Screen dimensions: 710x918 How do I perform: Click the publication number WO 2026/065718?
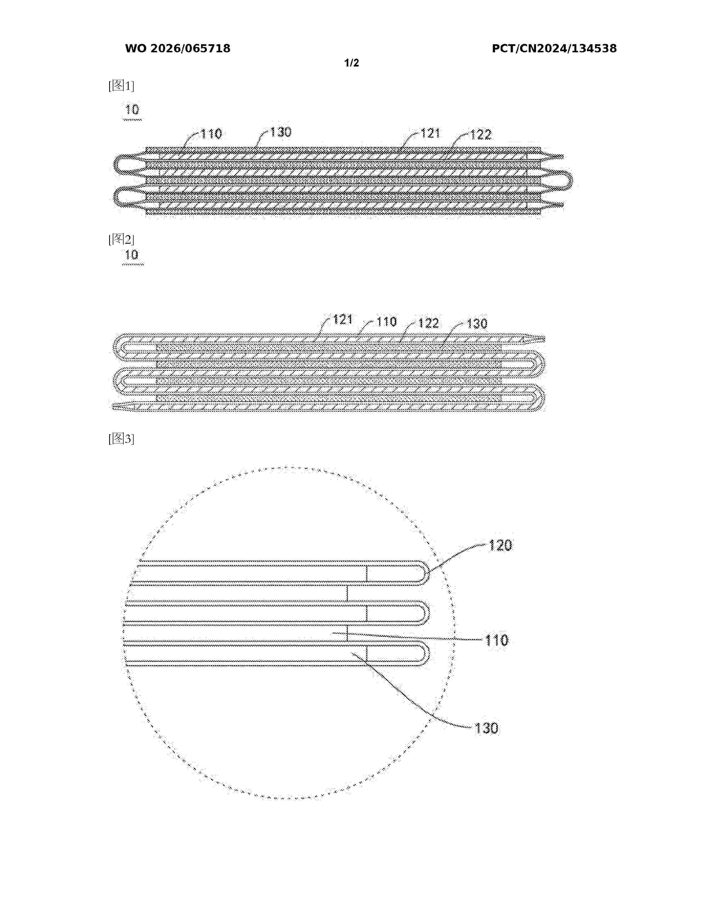tap(178, 49)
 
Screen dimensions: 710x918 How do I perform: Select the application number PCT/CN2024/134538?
tap(554, 49)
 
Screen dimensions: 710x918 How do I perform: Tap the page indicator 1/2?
tap(352, 63)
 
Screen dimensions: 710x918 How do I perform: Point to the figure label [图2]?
tap(121, 240)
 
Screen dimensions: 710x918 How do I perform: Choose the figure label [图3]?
tap(121, 439)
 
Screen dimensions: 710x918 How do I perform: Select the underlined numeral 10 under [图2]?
tap(132, 255)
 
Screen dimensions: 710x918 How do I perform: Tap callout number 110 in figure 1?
tap(211, 134)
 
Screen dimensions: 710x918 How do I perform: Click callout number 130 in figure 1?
tap(281, 132)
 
